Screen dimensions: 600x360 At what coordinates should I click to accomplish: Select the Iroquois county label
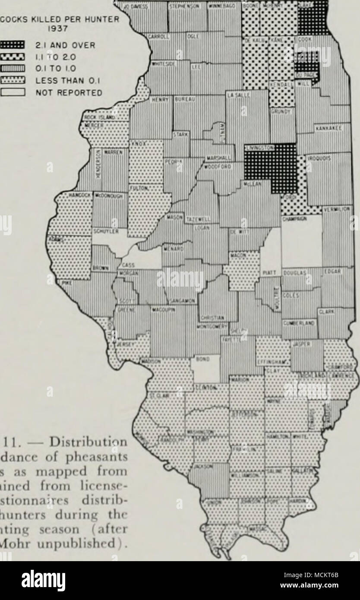(319, 158)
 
